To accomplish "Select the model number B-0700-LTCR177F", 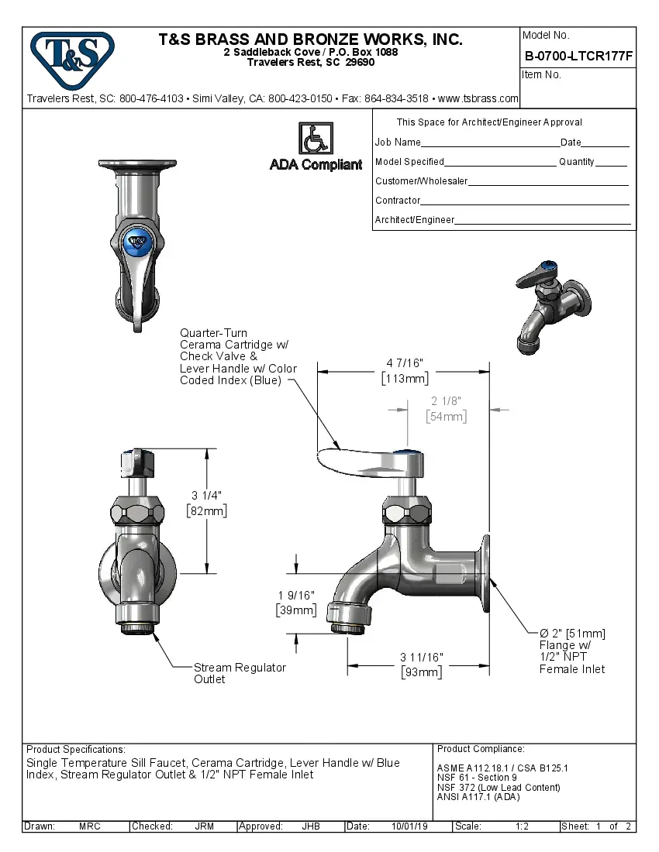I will [578, 56].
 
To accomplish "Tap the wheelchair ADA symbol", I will [315, 140].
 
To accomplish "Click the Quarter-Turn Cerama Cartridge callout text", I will [237, 356].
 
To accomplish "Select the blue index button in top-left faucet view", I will [138, 241].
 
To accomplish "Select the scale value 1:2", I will [522, 826].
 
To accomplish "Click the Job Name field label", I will [398, 143].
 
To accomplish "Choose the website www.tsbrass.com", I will [478, 98].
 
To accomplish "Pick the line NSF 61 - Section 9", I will [477, 778].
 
